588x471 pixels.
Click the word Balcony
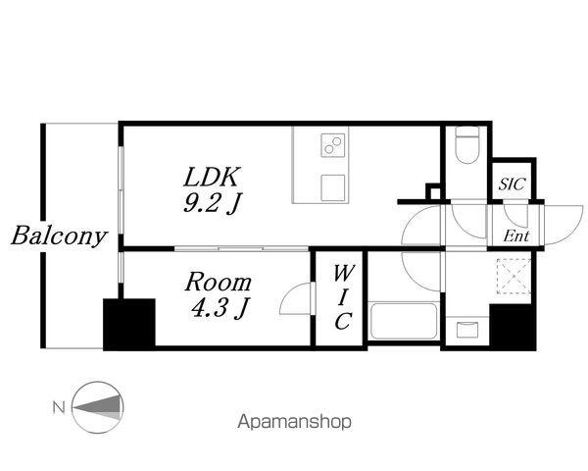point(59,236)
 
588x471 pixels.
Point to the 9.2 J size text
point(212,206)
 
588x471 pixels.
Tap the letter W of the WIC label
point(341,274)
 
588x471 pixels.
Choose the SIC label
point(512,183)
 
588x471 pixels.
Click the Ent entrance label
point(516,235)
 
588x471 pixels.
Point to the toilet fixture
point(466,147)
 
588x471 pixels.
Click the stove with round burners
point(333,148)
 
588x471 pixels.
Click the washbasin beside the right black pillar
point(466,329)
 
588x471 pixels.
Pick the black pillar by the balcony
point(128,323)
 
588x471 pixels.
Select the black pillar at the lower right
point(513,324)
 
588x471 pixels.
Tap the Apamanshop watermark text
point(294,423)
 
